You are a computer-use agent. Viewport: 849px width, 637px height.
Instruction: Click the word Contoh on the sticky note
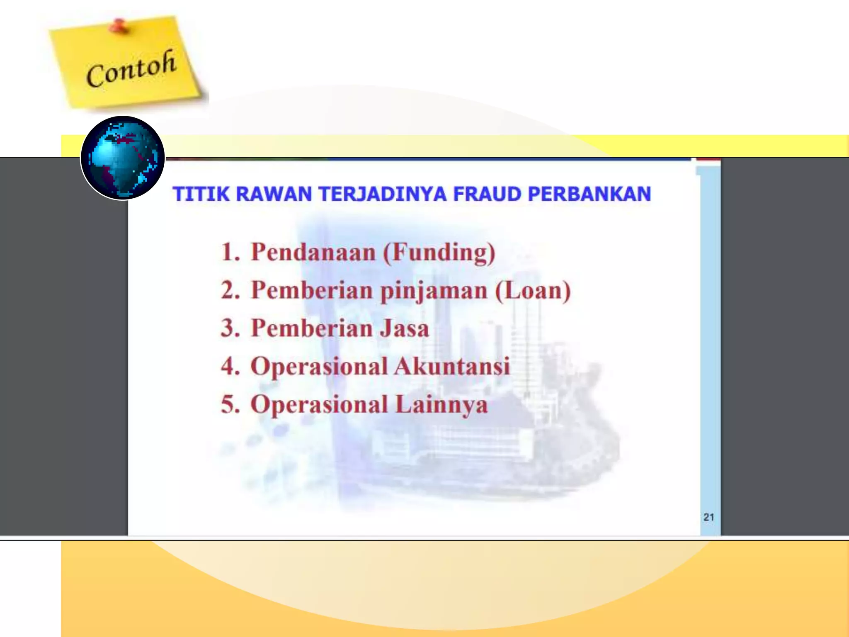[131, 69]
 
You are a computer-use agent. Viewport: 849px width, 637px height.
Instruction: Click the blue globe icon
[123, 158]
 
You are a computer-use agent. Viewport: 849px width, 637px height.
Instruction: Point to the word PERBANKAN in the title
[589, 194]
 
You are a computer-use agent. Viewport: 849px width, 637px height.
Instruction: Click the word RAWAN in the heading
[274, 194]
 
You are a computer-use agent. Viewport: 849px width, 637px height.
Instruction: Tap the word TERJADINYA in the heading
[383, 194]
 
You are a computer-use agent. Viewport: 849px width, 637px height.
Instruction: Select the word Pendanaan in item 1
[313, 252]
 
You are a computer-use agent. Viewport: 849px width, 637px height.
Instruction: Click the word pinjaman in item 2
[434, 291]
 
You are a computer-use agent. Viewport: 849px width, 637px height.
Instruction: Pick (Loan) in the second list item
[533, 290]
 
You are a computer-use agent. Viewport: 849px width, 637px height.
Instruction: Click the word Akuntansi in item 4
[452, 367]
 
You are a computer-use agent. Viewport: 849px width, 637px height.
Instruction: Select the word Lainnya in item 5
[441, 405]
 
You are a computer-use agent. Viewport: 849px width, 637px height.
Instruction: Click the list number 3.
[230, 328]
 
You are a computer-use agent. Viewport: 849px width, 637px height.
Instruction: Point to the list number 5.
[230, 405]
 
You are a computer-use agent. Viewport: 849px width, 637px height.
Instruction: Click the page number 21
[708, 517]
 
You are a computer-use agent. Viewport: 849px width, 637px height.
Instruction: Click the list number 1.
[230, 252]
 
